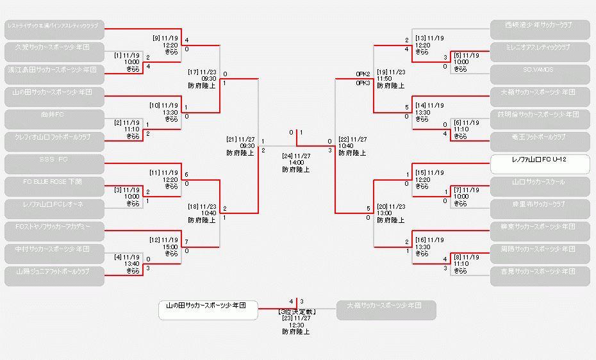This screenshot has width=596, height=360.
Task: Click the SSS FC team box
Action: click(x=54, y=164)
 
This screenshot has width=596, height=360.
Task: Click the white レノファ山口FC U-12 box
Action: click(x=540, y=163)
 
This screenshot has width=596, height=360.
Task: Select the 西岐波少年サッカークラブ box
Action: click(x=540, y=29)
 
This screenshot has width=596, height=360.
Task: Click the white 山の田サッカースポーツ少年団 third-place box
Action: click(x=208, y=310)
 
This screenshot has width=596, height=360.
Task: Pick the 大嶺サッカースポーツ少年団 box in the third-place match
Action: click(x=386, y=310)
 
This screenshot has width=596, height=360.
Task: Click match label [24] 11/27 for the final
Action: click(x=296, y=156)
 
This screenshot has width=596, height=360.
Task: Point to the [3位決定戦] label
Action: click(x=296, y=311)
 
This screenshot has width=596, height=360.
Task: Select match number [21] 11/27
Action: click(x=240, y=139)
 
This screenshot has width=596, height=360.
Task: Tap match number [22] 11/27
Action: click(x=352, y=139)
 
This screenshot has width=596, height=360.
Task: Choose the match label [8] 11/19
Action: click(x=467, y=257)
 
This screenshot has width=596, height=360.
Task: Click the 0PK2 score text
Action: click(x=363, y=74)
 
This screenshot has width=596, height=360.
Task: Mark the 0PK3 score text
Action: click(x=363, y=83)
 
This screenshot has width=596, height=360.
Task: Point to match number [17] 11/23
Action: click(x=202, y=72)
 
